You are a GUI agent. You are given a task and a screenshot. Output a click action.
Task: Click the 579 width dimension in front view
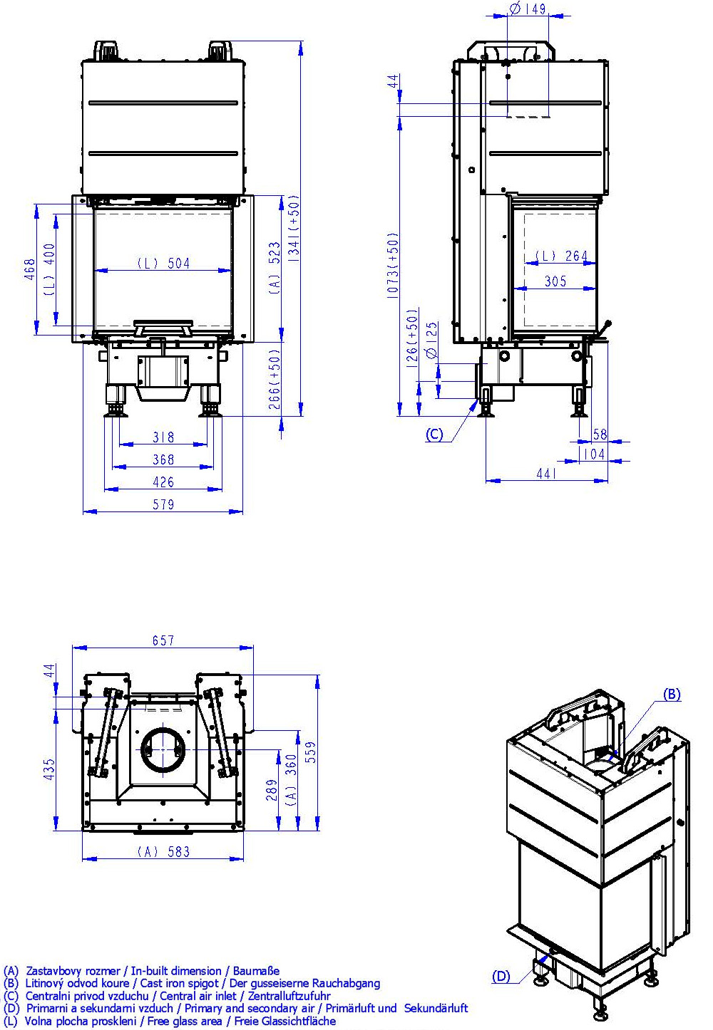click(163, 504)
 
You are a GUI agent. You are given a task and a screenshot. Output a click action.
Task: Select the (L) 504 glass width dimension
click(163, 264)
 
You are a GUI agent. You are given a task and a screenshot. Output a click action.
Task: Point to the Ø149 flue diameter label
click(528, 9)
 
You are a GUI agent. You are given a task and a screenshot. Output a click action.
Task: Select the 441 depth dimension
click(545, 474)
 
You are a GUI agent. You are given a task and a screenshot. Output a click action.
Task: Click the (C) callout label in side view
click(434, 435)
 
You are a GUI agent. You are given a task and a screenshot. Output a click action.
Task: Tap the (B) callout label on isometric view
click(672, 695)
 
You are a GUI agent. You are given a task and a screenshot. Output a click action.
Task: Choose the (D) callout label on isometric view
click(501, 977)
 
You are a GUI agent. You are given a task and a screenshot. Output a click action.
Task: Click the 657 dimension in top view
click(163, 640)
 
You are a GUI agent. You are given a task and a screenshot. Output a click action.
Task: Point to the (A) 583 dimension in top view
click(163, 851)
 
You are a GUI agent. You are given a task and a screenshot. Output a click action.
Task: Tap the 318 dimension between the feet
click(163, 437)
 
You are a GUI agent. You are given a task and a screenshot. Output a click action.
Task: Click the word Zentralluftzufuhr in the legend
click(288, 996)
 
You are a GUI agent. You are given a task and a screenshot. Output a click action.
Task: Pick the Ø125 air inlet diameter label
click(431, 342)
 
